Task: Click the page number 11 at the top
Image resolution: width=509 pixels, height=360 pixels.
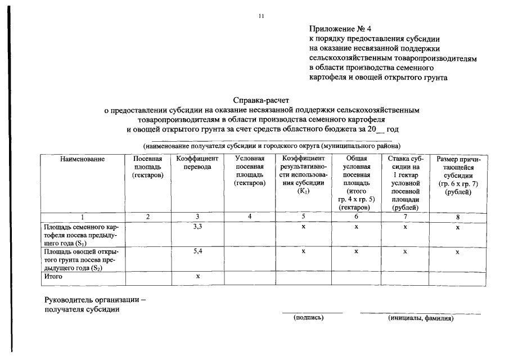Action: pyautogui.click(x=261, y=17)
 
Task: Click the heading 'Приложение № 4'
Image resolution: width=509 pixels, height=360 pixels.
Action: pyautogui.click(x=340, y=29)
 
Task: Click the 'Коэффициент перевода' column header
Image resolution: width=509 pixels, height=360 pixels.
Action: pyautogui.click(x=197, y=164)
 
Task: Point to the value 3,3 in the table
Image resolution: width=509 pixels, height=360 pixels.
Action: pyautogui.click(x=197, y=227)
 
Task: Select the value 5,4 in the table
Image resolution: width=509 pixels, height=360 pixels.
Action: pyautogui.click(x=197, y=251)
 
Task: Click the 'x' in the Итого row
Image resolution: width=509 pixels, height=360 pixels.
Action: pyautogui.click(x=197, y=277)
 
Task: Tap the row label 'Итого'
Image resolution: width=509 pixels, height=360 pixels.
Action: pyautogui.click(x=53, y=277)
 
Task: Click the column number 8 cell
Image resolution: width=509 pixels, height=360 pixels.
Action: pyautogui.click(x=458, y=217)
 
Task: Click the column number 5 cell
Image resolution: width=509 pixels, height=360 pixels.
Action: pyautogui.click(x=303, y=217)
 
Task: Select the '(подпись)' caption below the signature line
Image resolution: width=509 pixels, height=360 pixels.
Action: pyautogui.click(x=309, y=318)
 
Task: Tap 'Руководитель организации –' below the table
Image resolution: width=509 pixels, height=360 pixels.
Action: pyautogui.click(x=95, y=300)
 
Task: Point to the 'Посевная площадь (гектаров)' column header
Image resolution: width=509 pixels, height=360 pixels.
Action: pyautogui.click(x=148, y=168)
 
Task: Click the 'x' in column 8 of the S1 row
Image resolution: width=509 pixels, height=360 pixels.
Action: pyautogui.click(x=458, y=228)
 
